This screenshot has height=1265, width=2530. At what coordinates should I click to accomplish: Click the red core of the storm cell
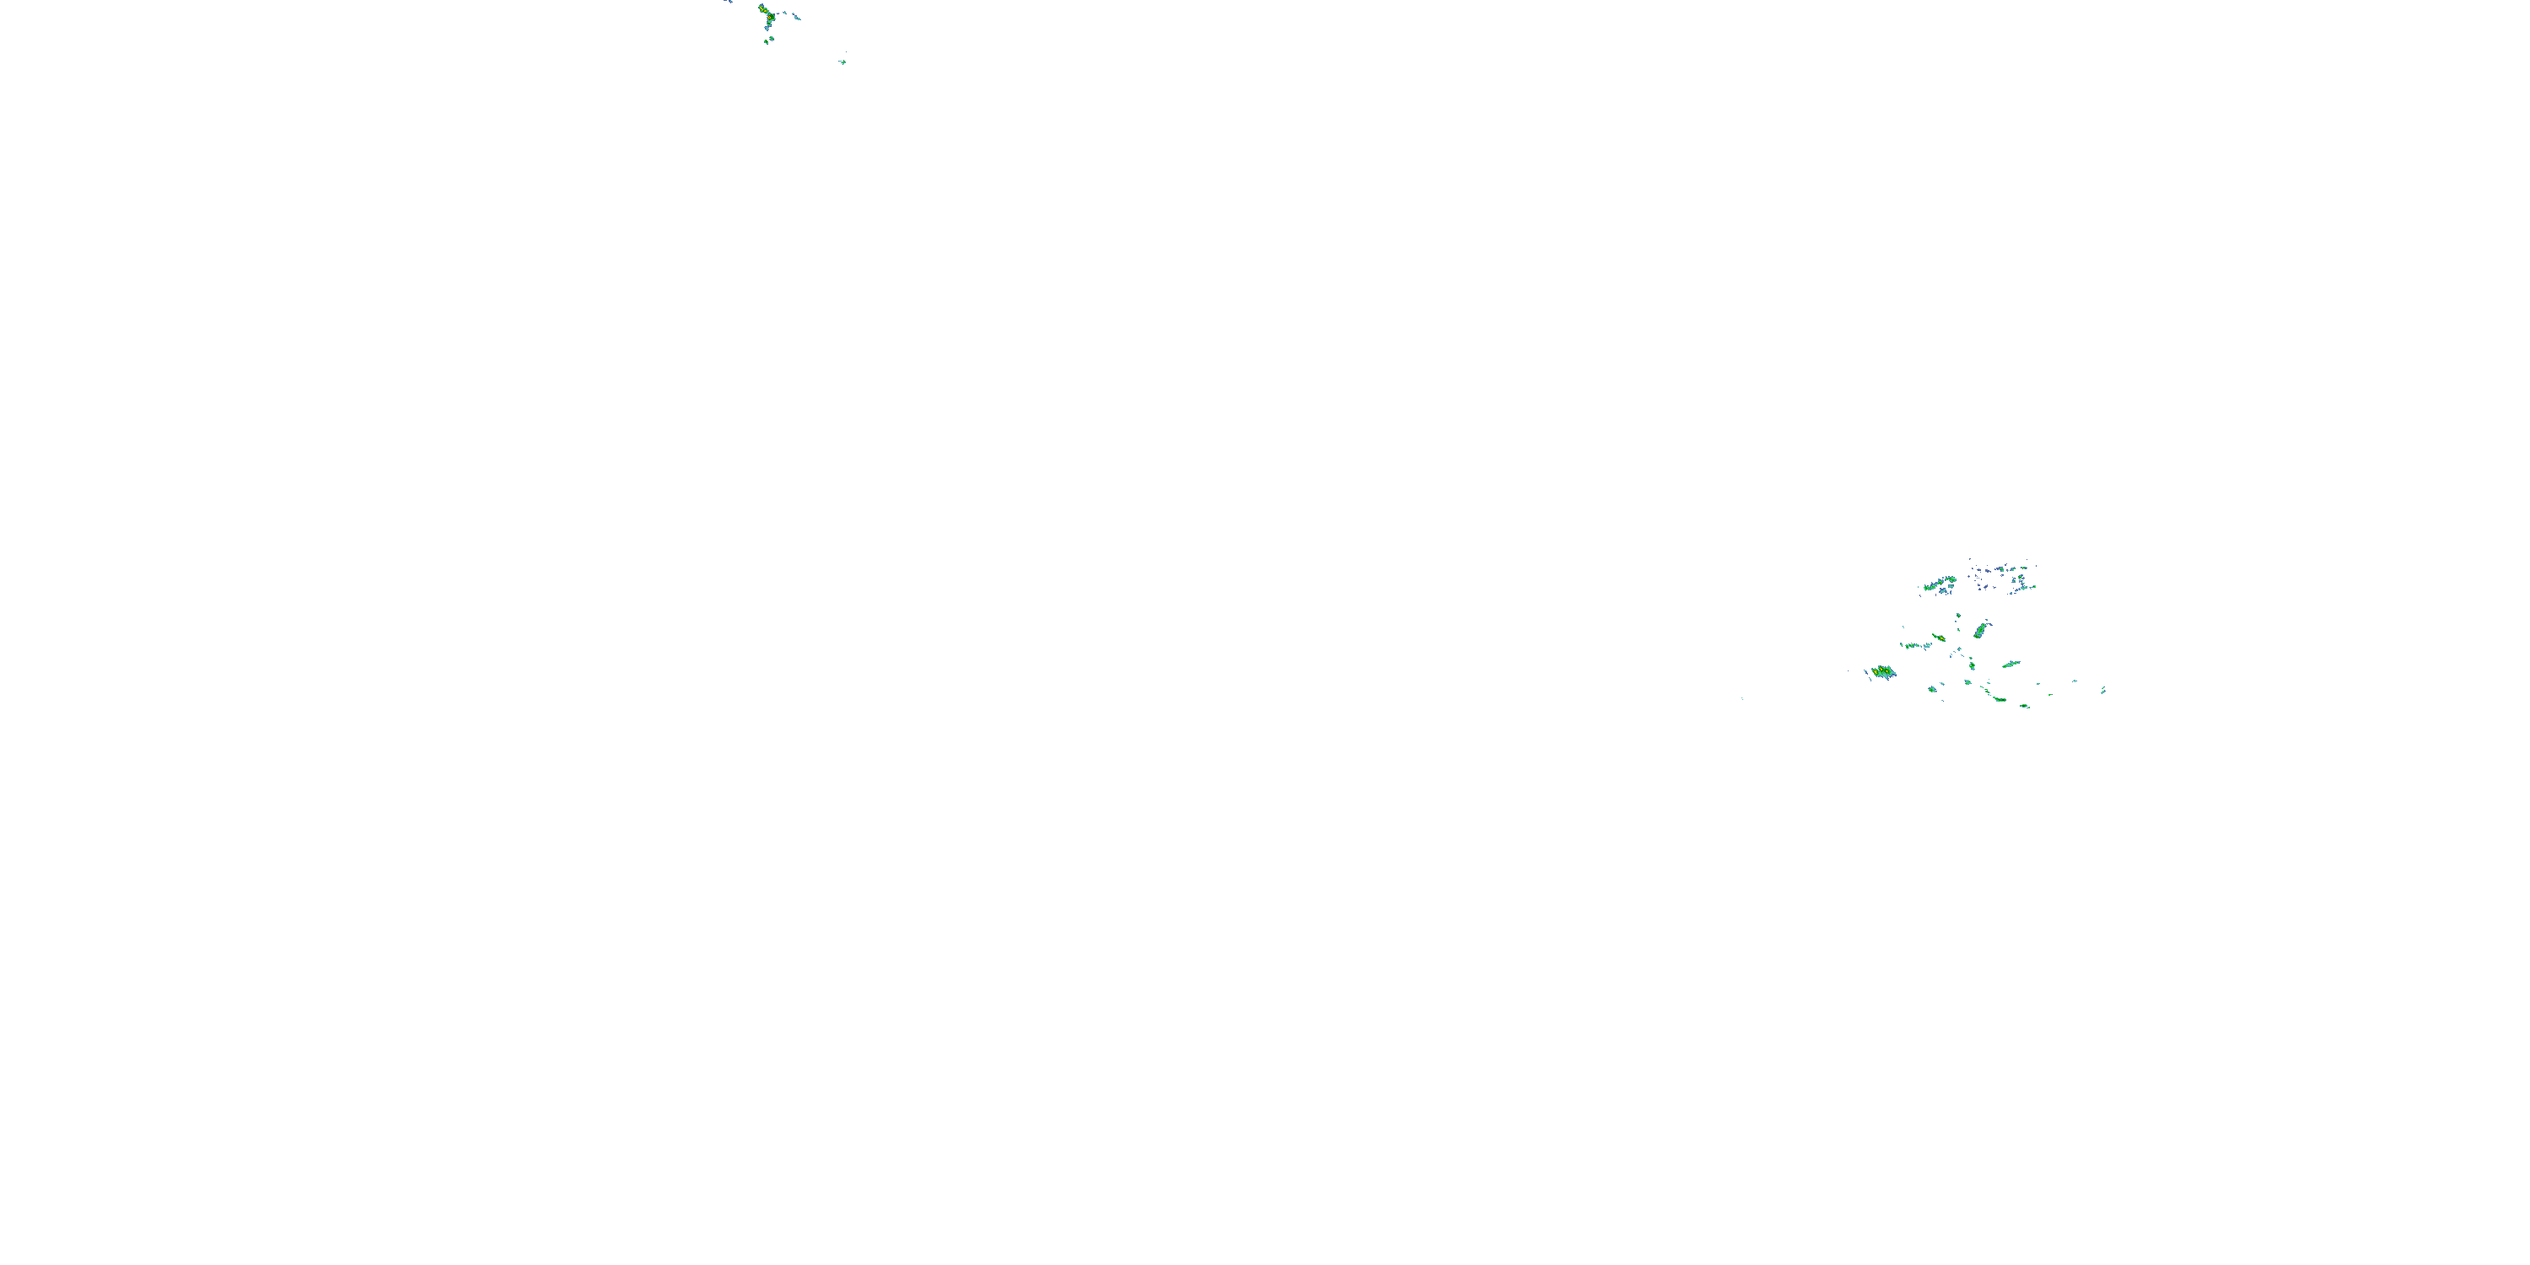pyautogui.click(x=770, y=18)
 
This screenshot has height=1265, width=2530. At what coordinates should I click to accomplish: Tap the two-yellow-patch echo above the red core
pyautogui.click(x=763, y=10)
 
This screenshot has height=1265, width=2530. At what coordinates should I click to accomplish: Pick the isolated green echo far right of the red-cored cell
pyautogui.click(x=843, y=62)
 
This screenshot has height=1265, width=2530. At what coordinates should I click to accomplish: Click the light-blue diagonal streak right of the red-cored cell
pyautogui.click(x=796, y=17)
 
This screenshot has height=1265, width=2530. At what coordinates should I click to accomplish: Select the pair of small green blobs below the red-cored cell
pyautogui.click(x=769, y=40)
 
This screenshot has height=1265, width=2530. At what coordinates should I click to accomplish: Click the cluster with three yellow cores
pyautogui.click(x=1881, y=672)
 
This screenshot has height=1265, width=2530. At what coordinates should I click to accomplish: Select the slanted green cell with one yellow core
pyautogui.click(x=1941, y=638)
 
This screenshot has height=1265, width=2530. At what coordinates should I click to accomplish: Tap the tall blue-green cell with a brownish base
pyautogui.click(x=1981, y=631)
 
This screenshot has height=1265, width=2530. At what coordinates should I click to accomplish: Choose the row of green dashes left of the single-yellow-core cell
pyautogui.click(x=1914, y=646)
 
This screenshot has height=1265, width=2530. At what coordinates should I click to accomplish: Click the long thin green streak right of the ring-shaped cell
pyautogui.click(x=2011, y=665)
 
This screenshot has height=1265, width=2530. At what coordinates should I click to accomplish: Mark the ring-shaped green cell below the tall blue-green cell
pyautogui.click(x=1973, y=666)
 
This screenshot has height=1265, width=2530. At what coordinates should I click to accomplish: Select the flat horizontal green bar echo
pyautogui.click(x=2000, y=699)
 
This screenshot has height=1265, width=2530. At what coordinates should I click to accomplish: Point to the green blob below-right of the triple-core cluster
pyautogui.click(x=1933, y=690)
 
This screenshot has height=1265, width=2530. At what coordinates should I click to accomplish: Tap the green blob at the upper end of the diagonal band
pyautogui.click(x=1952, y=579)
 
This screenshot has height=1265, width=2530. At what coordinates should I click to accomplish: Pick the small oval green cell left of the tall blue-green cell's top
pyautogui.click(x=1958, y=616)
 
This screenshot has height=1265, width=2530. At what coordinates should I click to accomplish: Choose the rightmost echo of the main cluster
pyautogui.click(x=2104, y=692)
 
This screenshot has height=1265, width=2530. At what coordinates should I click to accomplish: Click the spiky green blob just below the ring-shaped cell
pyautogui.click(x=1968, y=682)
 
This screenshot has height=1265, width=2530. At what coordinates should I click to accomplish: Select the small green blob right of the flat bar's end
pyautogui.click(x=2024, y=705)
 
